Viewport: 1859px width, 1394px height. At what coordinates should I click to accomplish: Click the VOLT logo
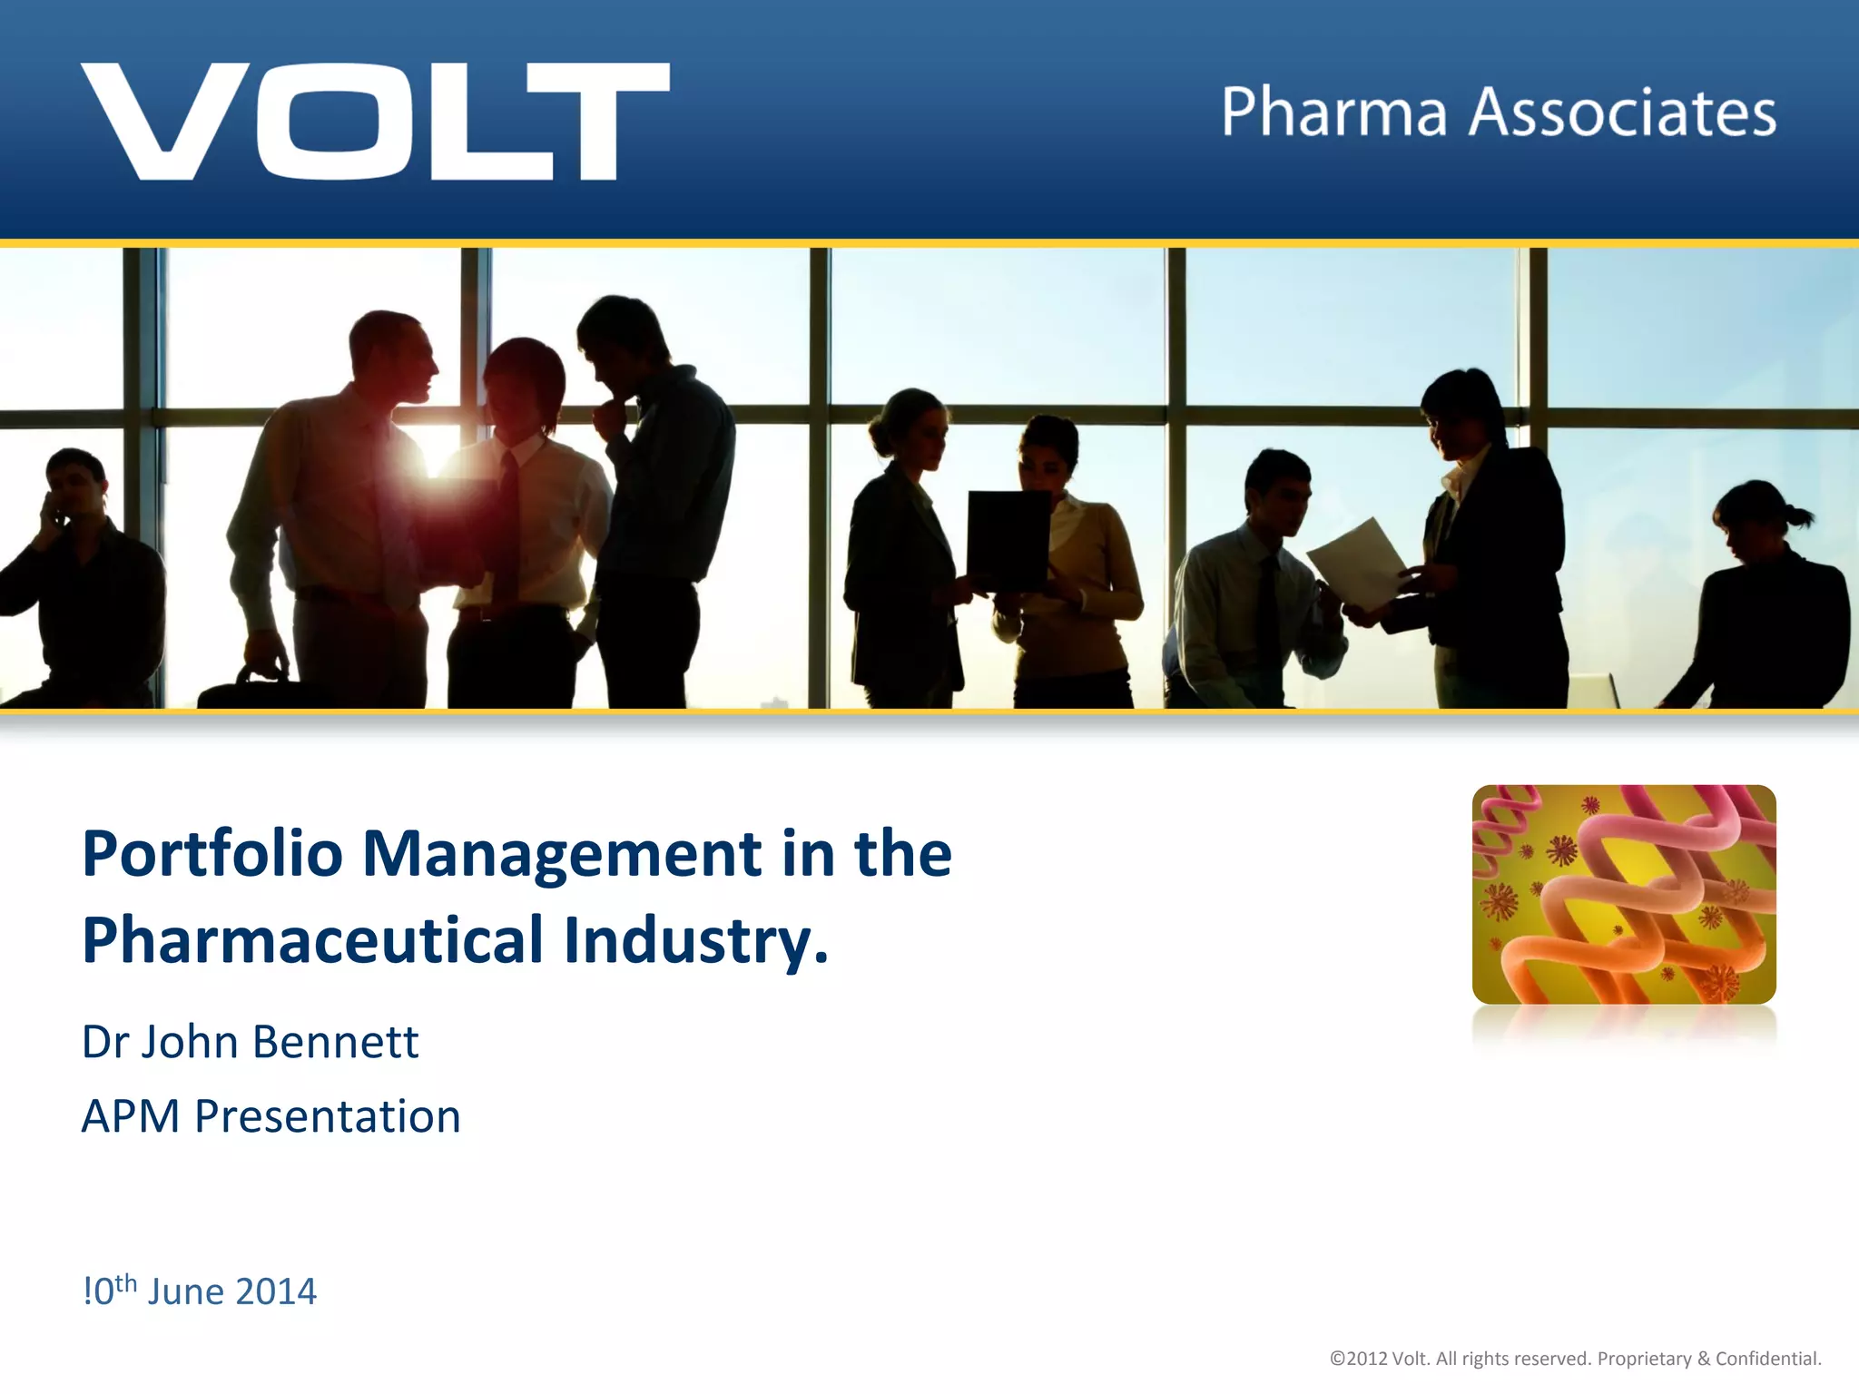(375, 121)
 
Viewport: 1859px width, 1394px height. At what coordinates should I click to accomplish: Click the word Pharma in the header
(1333, 113)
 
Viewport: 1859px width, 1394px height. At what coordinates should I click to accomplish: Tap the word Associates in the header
(1622, 113)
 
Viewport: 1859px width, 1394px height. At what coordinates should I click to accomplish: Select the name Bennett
(335, 1042)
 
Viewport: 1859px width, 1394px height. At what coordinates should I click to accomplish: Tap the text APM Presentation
(270, 1116)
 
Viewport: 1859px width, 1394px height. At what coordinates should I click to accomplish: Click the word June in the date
(184, 1291)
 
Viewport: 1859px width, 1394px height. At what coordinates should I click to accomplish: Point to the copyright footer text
(1575, 1359)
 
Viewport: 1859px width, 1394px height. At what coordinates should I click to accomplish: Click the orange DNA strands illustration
(1623, 895)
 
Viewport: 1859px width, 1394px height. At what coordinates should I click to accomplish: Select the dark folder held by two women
(1007, 539)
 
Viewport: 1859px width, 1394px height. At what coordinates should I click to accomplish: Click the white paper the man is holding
(1358, 563)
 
